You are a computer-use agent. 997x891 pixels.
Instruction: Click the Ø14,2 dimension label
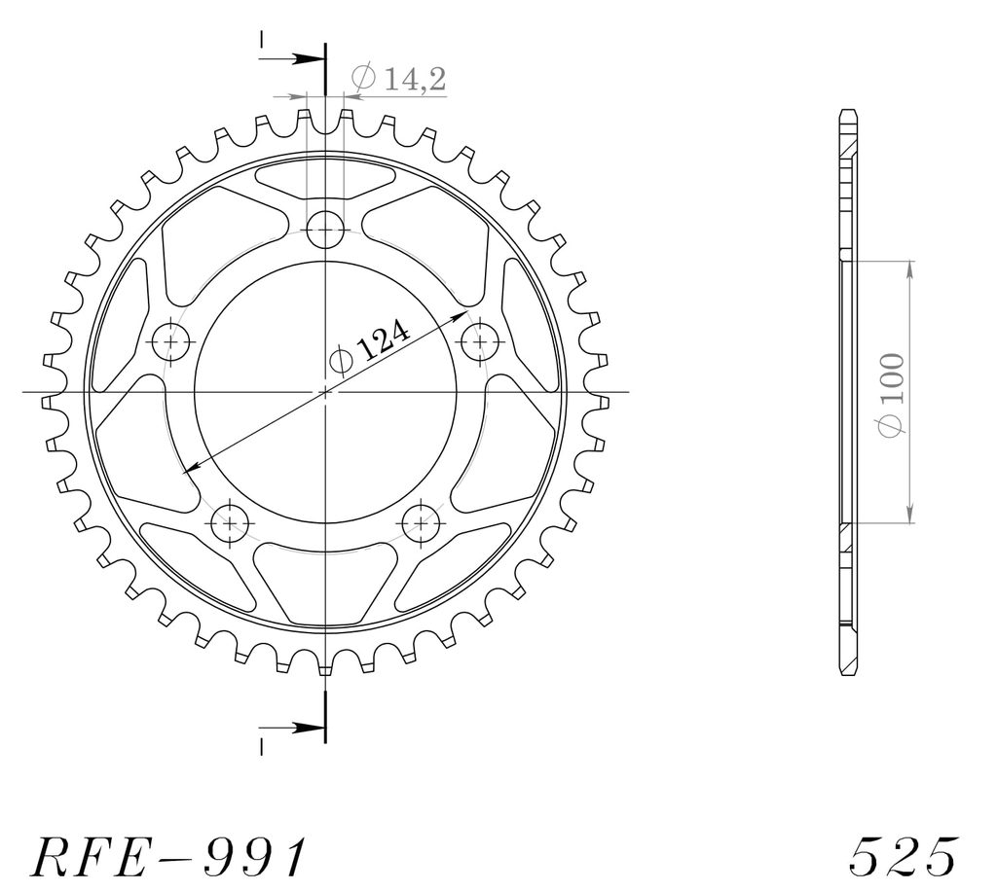coord(398,79)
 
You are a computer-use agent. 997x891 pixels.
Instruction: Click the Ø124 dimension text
coord(369,348)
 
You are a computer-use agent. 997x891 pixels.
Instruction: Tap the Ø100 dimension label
coord(892,395)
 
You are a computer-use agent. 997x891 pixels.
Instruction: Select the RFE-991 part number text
coord(168,857)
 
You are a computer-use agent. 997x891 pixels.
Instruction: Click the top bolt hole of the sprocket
coord(325,230)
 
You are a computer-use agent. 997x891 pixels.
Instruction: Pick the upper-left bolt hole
coord(171,341)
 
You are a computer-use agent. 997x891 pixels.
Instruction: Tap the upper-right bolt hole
coord(480,341)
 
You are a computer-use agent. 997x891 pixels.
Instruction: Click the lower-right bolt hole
coord(421,523)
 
